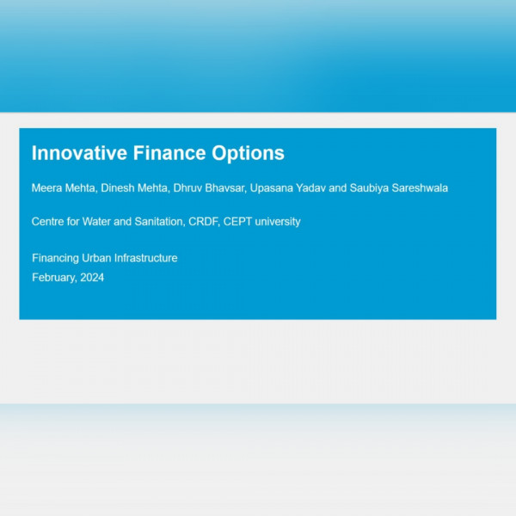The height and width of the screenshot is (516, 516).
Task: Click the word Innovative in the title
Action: pyautogui.click(x=79, y=153)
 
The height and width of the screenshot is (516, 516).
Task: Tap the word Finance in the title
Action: pyautogui.click(x=169, y=153)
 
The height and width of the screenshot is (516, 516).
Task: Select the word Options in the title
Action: pyautogui.click(x=249, y=154)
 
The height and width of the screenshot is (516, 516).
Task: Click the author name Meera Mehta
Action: pyautogui.click(x=64, y=187)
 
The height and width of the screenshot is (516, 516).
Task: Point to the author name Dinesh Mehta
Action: pyautogui.click(x=135, y=187)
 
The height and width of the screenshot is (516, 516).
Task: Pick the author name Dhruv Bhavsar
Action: pyautogui.click(x=210, y=187)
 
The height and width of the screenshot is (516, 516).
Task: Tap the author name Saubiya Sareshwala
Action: pyautogui.click(x=399, y=188)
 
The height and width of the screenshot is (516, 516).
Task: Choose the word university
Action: pyautogui.click(x=278, y=222)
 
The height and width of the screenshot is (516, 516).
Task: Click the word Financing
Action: pyautogui.click(x=55, y=258)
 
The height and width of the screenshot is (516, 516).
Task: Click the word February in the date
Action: pyautogui.click(x=55, y=278)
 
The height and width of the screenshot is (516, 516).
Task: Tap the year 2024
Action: pyautogui.click(x=92, y=278)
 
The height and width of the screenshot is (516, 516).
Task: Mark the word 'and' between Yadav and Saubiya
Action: pyautogui.click(x=338, y=187)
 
